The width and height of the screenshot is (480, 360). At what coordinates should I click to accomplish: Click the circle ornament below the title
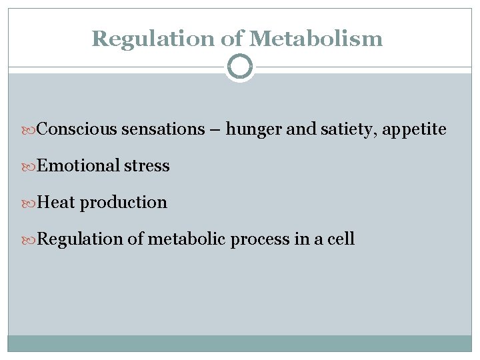pos(240,66)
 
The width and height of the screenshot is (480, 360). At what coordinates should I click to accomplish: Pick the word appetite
pos(414,129)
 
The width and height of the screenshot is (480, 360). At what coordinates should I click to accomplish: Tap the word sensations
pos(163,129)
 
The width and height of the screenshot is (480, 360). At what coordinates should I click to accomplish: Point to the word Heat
pos(56,202)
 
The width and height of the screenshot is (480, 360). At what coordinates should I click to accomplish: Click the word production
pos(123,203)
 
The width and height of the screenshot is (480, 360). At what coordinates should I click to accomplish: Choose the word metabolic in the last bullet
pos(187,239)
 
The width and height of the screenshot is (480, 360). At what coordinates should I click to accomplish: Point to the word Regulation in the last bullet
pos(80,239)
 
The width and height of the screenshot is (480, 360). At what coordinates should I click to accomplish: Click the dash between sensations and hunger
pos(215,130)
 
